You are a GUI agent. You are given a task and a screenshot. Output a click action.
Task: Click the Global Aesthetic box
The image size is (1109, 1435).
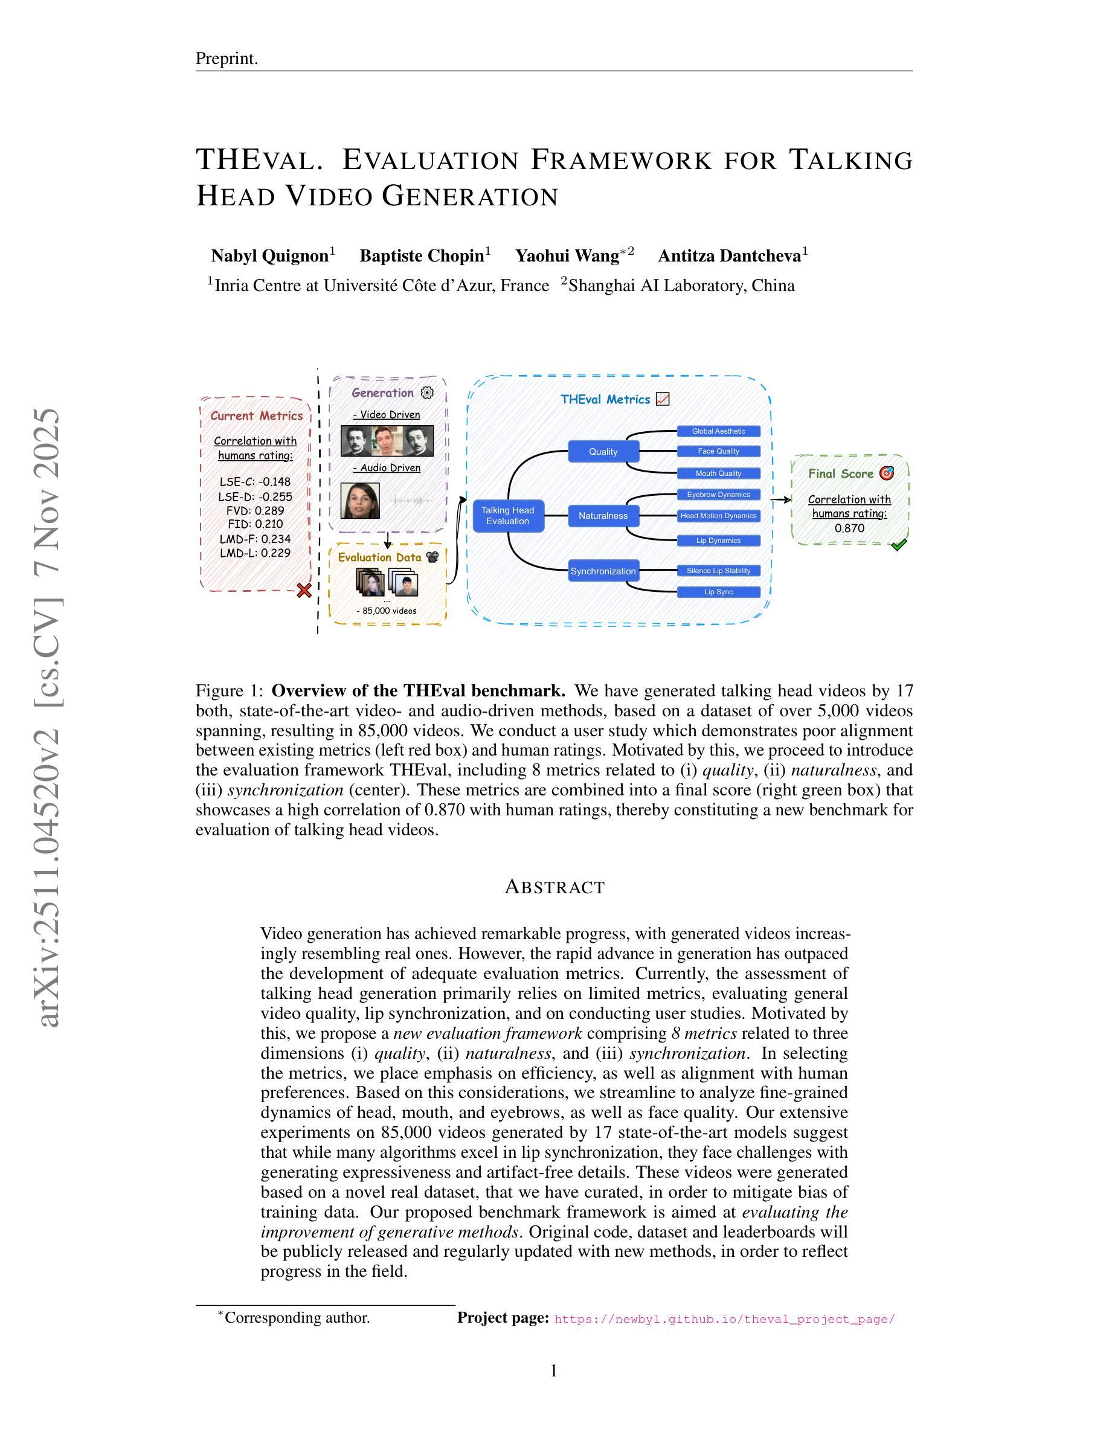point(719,431)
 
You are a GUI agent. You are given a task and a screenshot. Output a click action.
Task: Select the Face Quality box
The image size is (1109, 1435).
point(719,451)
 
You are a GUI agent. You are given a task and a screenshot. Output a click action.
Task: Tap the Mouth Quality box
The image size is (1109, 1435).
point(719,473)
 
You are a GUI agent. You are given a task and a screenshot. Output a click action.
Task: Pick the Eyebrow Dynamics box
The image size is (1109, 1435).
point(719,494)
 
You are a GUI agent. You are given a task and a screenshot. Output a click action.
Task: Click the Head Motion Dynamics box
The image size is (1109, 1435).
point(719,516)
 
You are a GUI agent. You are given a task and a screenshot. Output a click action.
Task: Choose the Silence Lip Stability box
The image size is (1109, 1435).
point(719,570)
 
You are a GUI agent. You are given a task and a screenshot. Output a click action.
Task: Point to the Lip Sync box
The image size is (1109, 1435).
point(719,592)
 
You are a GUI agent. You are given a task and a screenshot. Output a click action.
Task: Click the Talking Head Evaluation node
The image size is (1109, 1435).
point(508,516)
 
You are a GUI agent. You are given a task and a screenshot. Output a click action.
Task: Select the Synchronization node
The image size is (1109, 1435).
point(603,571)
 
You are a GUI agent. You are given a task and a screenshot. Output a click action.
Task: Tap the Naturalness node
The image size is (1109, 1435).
point(603,516)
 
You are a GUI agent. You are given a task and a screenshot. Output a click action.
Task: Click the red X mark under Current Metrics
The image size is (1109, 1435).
point(304,590)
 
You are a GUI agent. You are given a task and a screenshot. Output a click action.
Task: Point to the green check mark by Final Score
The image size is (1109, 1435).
point(898,545)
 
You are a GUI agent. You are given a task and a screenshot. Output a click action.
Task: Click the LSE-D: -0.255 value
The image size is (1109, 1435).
point(255,496)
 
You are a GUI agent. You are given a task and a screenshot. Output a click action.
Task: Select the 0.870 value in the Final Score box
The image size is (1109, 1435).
point(849,528)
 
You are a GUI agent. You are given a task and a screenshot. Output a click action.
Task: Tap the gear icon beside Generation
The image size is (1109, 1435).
point(427,393)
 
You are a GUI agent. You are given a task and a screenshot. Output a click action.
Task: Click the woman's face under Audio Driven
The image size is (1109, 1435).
point(360,501)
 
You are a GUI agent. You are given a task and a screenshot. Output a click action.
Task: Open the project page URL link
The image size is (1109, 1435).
point(725,1318)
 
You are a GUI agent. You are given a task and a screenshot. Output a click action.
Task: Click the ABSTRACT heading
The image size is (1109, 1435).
point(554,887)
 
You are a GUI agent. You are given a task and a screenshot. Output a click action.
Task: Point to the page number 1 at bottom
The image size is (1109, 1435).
point(554,1371)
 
